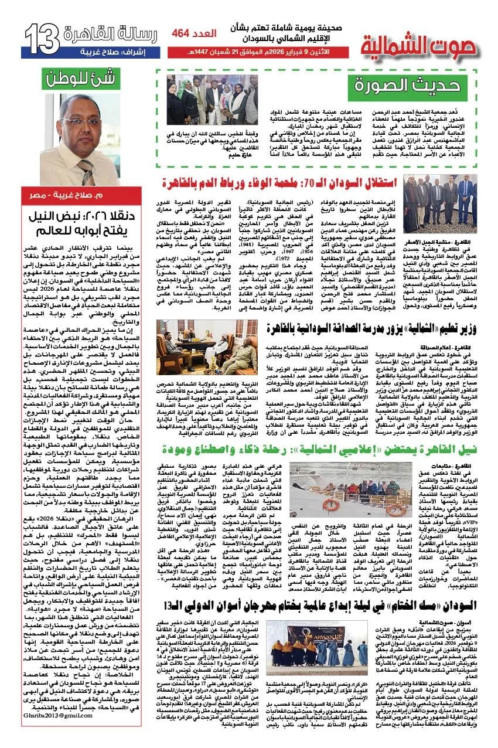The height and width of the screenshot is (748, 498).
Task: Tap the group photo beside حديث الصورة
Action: (212, 100)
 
